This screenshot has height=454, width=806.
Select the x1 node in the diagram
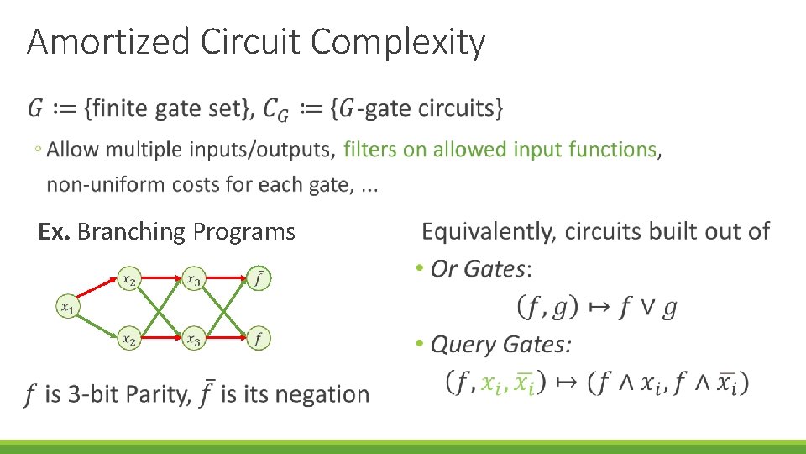pyautogui.click(x=67, y=307)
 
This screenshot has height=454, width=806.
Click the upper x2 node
pyautogui.click(x=128, y=279)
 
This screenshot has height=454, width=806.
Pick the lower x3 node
pyautogui.click(x=193, y=339)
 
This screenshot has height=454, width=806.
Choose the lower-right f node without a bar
pyautogui.click(x=259, y=339)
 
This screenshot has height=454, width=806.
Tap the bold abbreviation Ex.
pyautogui.click(x=55, y=231)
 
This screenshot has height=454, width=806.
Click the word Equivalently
pyautogui.click(x=489, y=231)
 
